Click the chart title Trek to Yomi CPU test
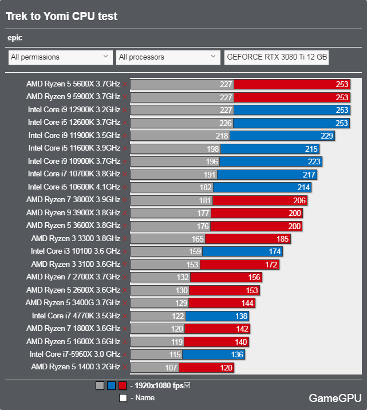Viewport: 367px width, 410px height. (x=61, y=17)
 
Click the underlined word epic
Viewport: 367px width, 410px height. (x=15, y=38)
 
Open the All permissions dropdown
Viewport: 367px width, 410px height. (x=60, y=57)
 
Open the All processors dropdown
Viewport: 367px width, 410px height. (x=167, y=57)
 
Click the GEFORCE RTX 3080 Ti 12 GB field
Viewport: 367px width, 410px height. (x=277, y=57)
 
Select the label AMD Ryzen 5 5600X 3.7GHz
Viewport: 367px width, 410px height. (x=73, y=84)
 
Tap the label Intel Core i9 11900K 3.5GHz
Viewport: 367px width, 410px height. (x=74, y=135)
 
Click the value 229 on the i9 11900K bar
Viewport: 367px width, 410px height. (x=326, y=136)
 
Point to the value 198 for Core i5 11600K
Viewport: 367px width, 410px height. (x=212, y=148)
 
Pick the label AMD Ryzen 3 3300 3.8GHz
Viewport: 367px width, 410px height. (x=76, y=238)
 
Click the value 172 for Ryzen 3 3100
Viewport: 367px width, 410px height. (x=271, y=264)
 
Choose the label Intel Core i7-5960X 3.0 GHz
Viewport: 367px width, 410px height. (x=74, y=354)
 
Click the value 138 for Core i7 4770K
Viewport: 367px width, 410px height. (x=241, y=316)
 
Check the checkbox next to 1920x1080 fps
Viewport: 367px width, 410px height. (x=187, y=385)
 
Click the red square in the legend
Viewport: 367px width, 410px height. (x=123, y=386)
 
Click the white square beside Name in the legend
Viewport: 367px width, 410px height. (x=123, y=397)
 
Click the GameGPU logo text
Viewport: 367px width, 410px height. (x=334, y=397)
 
